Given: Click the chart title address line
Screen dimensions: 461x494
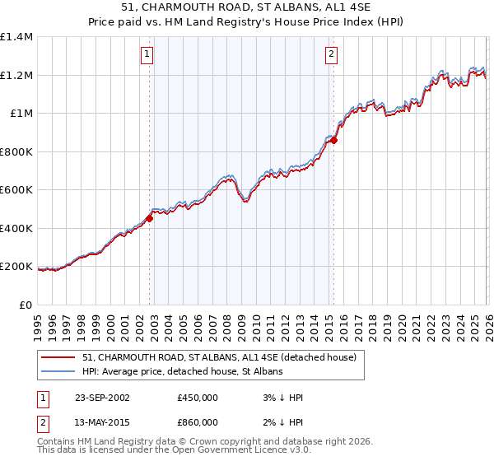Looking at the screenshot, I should coord(247,8).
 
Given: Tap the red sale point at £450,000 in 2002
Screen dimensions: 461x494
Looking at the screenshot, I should coord(150,218).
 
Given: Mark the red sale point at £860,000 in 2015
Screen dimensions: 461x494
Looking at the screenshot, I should coord(334,141).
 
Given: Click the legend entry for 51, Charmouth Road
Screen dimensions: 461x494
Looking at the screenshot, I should coord(219,358).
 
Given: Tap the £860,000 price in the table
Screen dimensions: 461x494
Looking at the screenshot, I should coord(198,423).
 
